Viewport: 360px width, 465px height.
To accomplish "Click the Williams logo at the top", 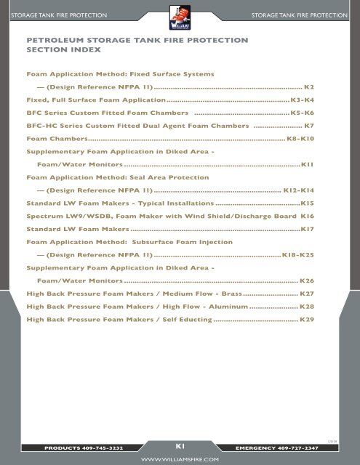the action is click(x=180, y=15).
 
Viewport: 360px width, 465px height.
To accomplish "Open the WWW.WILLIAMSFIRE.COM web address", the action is click(x=180, y=460).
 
